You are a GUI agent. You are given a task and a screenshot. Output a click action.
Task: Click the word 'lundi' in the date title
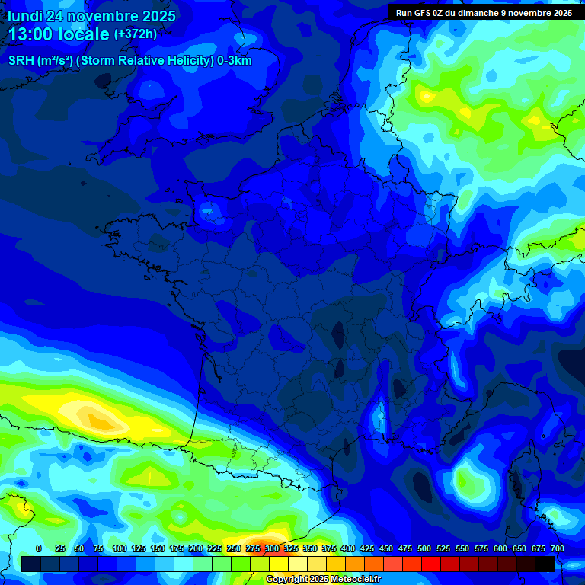point(25,16)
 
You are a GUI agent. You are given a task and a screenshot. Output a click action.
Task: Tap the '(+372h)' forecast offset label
point(136,34)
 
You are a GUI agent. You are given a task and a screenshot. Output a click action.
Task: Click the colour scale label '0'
point(39,548)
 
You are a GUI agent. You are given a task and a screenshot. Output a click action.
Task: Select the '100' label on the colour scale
point(120,548)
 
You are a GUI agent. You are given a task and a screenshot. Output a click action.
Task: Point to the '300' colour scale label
point(272,548)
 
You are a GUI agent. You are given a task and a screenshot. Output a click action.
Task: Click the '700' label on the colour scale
point(558,548)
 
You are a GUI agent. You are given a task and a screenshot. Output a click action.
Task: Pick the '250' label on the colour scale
point(234,548)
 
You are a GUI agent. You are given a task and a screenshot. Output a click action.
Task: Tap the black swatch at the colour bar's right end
point(545,564)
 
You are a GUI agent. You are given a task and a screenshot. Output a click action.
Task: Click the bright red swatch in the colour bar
point(431,564)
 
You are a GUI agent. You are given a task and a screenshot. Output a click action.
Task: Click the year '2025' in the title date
point(154,16)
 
